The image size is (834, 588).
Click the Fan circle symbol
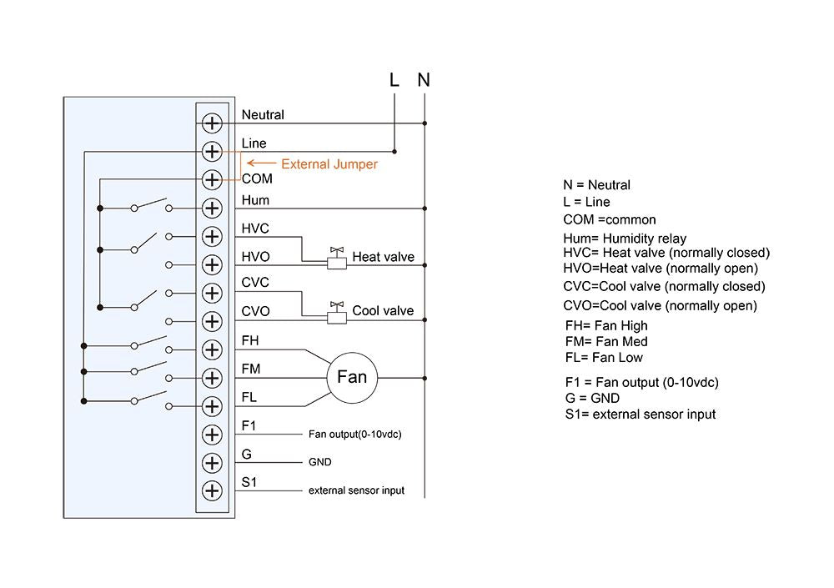point(351,377)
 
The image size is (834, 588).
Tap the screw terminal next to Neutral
point(213,123)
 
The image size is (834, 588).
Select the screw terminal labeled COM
point(213,179)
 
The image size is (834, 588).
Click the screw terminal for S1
point(213,490)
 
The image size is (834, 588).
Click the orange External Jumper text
point(329,164)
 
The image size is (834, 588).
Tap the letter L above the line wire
point(394,81)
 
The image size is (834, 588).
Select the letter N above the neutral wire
point(424,81)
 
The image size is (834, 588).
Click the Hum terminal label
point(255,200)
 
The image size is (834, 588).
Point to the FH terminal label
point(249,340)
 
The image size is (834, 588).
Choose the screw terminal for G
point(213,462)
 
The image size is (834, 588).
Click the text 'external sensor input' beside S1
point(356,490)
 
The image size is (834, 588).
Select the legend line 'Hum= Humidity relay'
point(625,239)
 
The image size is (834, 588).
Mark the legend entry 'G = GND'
point(592,398)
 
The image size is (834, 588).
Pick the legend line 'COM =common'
point(610,220)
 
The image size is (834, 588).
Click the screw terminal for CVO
point(213,320)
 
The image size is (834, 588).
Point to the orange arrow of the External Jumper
point(261,164)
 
